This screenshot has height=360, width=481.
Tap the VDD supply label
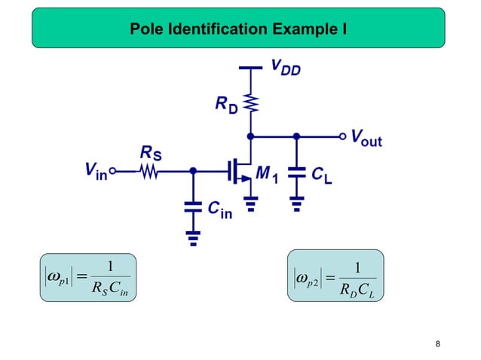(285, 69)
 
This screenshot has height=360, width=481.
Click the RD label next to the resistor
(226, 106)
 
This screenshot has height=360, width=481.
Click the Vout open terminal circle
(344, 137)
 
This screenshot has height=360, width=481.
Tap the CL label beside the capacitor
(323, 175)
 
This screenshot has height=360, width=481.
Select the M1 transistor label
(268, 175)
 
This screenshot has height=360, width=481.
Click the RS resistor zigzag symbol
(149, 172)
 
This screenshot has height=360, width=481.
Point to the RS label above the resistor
(150, 154)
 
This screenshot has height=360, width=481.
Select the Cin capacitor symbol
(193, 204)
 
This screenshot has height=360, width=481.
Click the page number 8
(439, 345)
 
